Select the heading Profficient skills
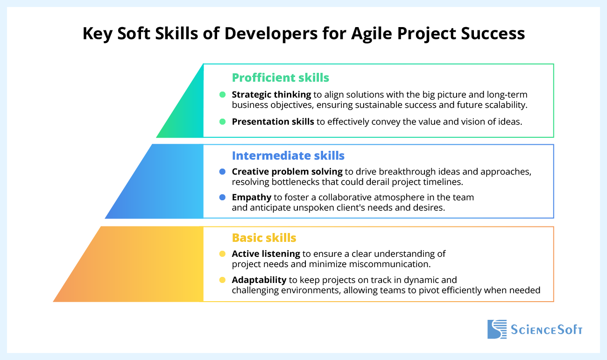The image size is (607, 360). coord(281,77)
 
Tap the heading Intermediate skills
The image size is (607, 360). coord(288,155)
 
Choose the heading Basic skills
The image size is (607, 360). coord(264,238)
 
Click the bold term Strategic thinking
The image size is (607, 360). coord(271,94)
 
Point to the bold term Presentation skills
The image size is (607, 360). coord(273,121)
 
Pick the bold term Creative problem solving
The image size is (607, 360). coord(287,171)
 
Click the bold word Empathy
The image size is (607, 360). coord(251,197)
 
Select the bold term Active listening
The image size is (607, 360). coord(266,254)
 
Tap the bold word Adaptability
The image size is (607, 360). coord(259,280)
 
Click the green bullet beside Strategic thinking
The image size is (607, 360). coord(222,94)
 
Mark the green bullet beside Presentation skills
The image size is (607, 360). coord(222,121)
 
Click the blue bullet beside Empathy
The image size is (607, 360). coord(222,197)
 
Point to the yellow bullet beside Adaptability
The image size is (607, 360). coord(222,280)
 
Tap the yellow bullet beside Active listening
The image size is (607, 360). coord(222,254)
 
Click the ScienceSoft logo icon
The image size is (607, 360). coord(497,329)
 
